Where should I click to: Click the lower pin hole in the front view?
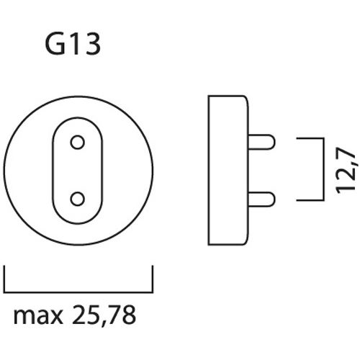point(78,198)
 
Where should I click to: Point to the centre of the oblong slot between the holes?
point(78,171)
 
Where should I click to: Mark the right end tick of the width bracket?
point(152,276)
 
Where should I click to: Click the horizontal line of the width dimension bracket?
point(78,286)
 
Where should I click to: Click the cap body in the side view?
point(228,170)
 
